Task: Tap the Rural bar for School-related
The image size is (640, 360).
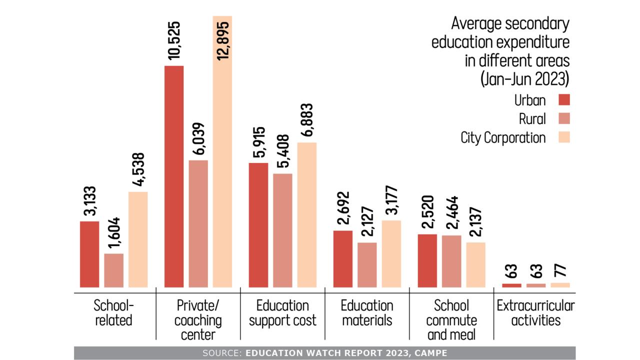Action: pos(114,270)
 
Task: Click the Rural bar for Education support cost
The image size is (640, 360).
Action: pos(282,230)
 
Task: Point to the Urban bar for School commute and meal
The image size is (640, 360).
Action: pos(427,260)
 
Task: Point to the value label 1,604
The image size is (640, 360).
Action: pos(114,233)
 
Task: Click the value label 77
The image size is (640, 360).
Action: pos(560,273)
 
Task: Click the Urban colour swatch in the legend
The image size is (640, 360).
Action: pos(564,100)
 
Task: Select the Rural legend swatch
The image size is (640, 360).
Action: pos(564,119)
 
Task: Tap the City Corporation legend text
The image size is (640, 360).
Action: pos(503,137)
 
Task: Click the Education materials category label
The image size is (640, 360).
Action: pos(367,312)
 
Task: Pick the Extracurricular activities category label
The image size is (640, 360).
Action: pos(535,312)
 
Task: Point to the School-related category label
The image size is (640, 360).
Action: pos(114,312)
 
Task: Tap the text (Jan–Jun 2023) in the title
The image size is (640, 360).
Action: pos(525,79)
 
